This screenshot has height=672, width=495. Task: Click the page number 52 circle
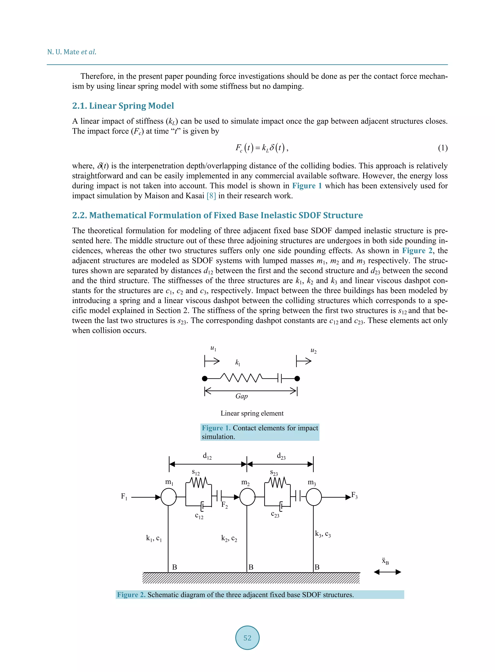coord(247,637)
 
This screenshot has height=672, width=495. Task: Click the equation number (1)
coord(443,148)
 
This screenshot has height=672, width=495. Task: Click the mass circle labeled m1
coord(169,497)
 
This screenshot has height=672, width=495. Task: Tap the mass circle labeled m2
coord(247,497)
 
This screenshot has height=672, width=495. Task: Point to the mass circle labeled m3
coord(313,497)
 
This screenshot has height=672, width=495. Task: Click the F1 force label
coord(124,496)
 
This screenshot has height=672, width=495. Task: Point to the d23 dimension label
coord(281,456)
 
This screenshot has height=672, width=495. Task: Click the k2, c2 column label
coord(229,538)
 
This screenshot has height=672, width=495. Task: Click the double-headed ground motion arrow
coord(387,572)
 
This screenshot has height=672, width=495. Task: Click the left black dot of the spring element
coord(205,379)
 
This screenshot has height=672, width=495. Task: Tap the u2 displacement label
coord(313,350)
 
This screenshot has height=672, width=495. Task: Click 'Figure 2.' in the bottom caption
coord(131,595)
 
